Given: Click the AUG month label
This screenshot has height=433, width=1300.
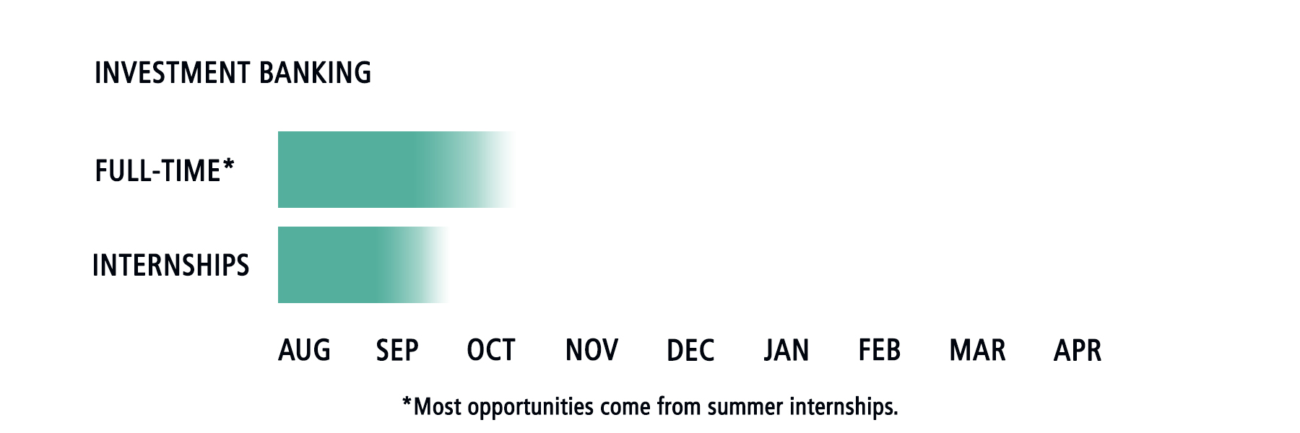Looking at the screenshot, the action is (x=304, y=351).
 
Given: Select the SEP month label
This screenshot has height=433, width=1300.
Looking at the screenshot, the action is (x=397, y=351).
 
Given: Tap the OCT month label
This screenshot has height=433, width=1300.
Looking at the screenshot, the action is (x=491, y=351).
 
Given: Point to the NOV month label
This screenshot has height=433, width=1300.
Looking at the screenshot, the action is (x=591, y=351).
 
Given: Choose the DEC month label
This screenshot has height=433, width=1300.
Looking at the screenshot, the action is (x=690, y=351).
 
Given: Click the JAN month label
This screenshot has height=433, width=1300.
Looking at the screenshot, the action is (x=786, y=351).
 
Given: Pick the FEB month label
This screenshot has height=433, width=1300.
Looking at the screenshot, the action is (x=880, y=351).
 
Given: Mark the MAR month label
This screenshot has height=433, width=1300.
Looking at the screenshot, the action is (x=977, y=351).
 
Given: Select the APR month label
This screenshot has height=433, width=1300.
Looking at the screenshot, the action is (x=1078, y=351).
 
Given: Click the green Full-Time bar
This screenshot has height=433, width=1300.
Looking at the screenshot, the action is (x=397, y=170).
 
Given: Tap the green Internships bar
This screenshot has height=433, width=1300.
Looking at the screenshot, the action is (x=363, y=265).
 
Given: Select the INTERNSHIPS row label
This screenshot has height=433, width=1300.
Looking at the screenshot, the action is (x=171, y=266).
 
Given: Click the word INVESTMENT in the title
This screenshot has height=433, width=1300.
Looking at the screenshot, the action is (x=173, y=73).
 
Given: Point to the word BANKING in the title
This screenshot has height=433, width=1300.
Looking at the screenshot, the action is (x=315, y=73).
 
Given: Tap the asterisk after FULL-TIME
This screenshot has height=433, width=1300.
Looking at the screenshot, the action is (x=229, y=166).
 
